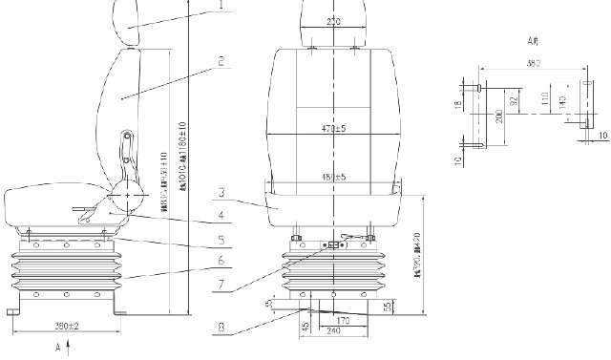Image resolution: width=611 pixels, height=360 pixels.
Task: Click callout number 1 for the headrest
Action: click(221, 5)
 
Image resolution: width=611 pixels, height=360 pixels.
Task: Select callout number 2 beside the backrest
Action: click(221, 62)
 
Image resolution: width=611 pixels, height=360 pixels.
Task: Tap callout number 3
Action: click(221, 192)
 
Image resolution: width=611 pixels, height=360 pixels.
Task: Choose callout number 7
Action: click(221, 284)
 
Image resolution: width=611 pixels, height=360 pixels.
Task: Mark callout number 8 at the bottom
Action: click(221, 327)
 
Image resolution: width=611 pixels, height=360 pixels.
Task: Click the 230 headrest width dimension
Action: click(332, 21)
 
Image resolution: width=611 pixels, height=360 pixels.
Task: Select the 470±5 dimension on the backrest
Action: click(332, 127)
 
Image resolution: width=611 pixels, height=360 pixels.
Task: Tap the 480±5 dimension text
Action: click(332, 177)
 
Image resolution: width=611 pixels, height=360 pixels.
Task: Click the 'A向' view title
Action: click(535, 42)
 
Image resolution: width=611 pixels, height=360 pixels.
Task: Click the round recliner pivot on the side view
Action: click(128, 196)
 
